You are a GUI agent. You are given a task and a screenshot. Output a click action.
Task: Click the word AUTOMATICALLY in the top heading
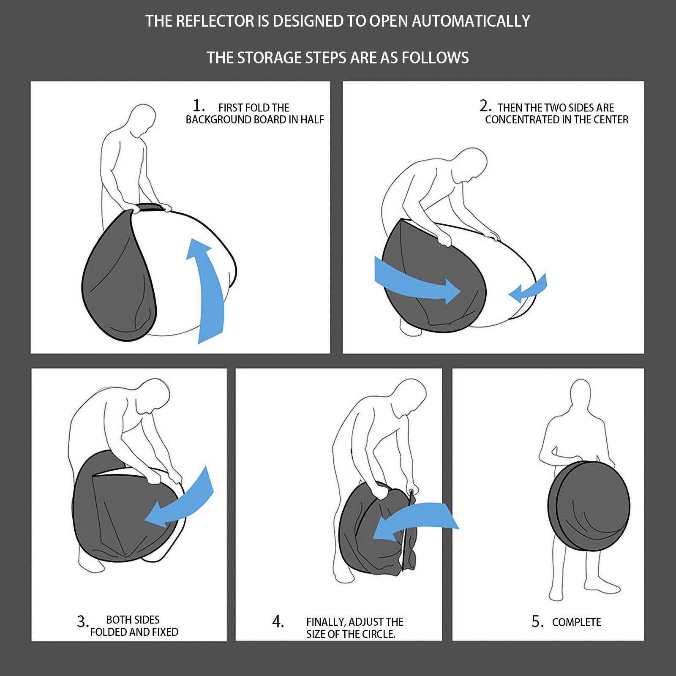tap(471, 21)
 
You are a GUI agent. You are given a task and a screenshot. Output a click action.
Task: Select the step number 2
tap(485, 106)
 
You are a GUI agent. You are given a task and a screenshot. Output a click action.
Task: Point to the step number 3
tap(82, 621)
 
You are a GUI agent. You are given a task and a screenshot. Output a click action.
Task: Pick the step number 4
tap(278, 621)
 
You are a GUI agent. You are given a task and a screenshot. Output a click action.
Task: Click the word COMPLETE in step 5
tap(576, 622)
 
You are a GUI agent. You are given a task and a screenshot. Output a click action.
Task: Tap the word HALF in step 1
tap(312, 120)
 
